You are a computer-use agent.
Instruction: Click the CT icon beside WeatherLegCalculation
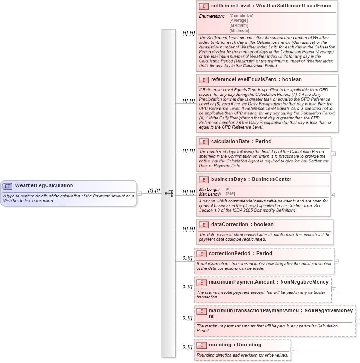(x=7, y=186)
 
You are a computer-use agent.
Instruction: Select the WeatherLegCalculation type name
(x=44, y=186)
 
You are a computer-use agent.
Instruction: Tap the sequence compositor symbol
(x=169, y=193)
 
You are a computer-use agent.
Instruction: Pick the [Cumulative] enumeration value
(x=241, y=16)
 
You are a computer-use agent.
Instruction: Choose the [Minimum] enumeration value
(x=239, y=30)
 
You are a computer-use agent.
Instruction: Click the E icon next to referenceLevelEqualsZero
(x=204, y=80)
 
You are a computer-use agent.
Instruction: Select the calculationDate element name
(x=230, y=142)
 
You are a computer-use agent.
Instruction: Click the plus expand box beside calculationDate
(x=333, y=154)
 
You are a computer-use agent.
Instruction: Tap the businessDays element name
(x=229, y=179)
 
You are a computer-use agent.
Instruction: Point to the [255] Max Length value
(x=230, y=194)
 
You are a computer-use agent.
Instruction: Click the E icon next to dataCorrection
(x=204, y=225)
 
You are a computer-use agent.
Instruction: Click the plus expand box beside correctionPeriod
(x=336, y=261)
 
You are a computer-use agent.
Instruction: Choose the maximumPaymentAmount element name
(x=241, y=282)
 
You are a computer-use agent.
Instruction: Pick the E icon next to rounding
(x=201, y=345)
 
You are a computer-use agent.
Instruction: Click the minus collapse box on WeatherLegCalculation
(x=139, y=193)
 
